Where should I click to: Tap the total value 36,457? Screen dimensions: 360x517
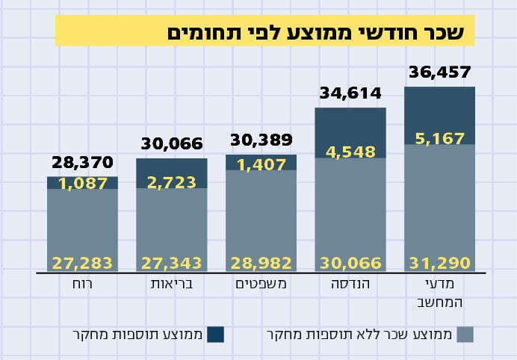coord(440,72)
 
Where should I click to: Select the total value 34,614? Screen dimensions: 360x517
coord(350,94)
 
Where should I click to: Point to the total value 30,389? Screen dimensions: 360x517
coord(261,140)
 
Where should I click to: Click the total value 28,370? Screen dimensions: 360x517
coord(82,162)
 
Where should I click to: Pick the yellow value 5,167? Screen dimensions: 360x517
coord(440,138)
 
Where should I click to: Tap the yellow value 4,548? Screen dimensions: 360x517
coord(350,152)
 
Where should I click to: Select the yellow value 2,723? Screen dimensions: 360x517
coord(172,182)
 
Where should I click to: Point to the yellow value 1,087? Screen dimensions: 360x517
coord(82,183)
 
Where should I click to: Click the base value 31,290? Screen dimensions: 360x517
coord(440,263)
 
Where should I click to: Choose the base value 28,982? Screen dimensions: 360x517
coord(261,263)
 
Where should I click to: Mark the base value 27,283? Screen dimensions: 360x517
coord(82,263)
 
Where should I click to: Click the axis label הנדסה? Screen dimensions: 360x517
coord(350,285)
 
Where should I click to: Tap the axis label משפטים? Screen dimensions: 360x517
coord(261,285)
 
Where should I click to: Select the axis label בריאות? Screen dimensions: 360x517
coord(172,285)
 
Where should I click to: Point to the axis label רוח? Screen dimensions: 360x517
coord(82,285)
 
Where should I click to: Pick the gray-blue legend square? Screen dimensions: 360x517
coord(465,333)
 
